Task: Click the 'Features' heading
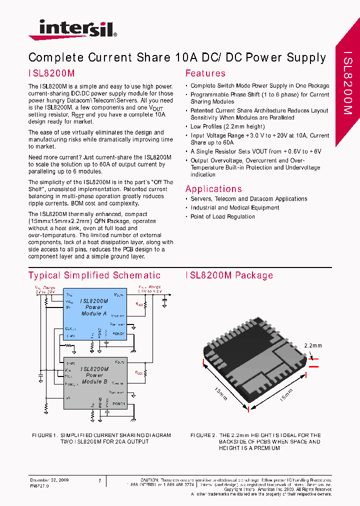click(205, 73)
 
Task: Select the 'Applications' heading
click(213, 189)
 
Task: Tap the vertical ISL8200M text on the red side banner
click(348, 83)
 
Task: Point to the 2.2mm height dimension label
click(313, 345)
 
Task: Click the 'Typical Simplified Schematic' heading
click(94, 275)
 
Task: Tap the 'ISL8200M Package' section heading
click(229, 275)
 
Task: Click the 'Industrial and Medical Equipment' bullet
click(234, 207)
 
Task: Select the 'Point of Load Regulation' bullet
click(222, 216)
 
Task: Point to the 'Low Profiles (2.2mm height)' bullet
click(227, 126)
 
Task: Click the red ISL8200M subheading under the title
click(51, 73)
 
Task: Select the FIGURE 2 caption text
click(255, 442)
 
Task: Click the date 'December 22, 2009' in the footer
click(49, 480)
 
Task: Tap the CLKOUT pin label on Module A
click(70, 328)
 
